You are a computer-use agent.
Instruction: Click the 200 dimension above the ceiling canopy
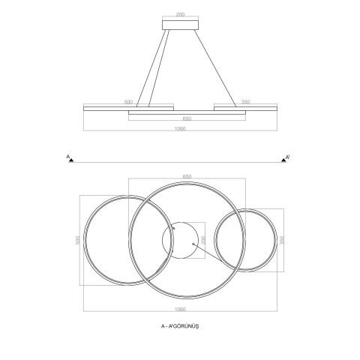point(180,14)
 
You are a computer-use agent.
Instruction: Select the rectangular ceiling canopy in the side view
point(180,25)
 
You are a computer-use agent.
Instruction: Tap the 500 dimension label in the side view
point(128,102)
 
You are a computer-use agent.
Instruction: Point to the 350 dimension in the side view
point(245,102)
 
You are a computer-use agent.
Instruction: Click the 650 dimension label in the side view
point(187,118)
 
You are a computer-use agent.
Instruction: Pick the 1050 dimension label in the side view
point(180,129)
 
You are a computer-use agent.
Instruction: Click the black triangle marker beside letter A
point(71,160)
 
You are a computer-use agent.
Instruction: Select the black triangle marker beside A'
point(283,160)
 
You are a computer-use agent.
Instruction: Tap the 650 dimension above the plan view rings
point(187,176)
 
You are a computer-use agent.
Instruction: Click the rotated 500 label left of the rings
point(77,240)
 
